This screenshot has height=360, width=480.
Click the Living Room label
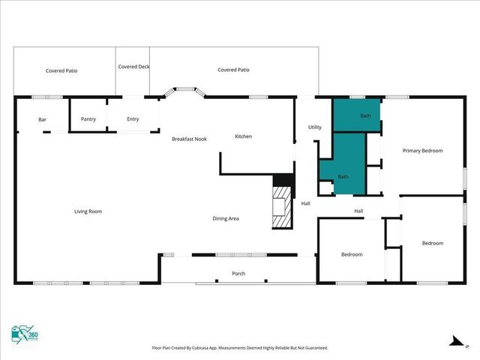click(88, 211)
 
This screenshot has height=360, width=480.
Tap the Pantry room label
click(88, 119)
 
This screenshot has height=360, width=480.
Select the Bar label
click(43, 119)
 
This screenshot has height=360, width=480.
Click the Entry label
click(133, 119)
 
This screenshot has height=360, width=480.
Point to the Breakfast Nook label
click(189, 139)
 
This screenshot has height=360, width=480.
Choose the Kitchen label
click(244, 136)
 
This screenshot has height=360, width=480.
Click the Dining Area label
click(225, 218)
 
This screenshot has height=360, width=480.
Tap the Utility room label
click(315, 127)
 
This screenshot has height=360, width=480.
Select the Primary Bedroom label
click(422, 151)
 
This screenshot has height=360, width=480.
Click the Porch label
click(238, 274)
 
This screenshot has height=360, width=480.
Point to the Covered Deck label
click(133, 67)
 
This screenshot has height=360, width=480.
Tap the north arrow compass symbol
click(454, 341)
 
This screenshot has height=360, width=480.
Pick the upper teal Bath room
click(357, 116)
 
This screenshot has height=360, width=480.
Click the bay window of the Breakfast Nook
click(182, 93)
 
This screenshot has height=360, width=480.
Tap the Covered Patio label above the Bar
click(61, 70)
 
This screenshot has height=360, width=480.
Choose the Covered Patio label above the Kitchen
click(233, 70)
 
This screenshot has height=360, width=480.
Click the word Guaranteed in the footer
click(313, 348)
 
